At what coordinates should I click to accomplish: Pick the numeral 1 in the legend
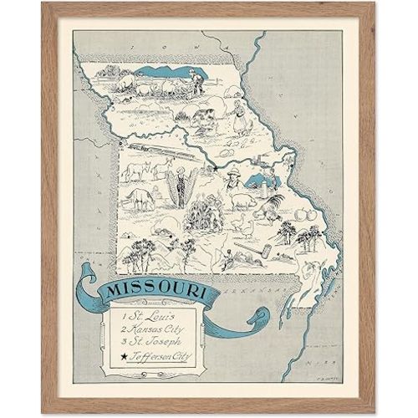[x=123, y=319]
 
